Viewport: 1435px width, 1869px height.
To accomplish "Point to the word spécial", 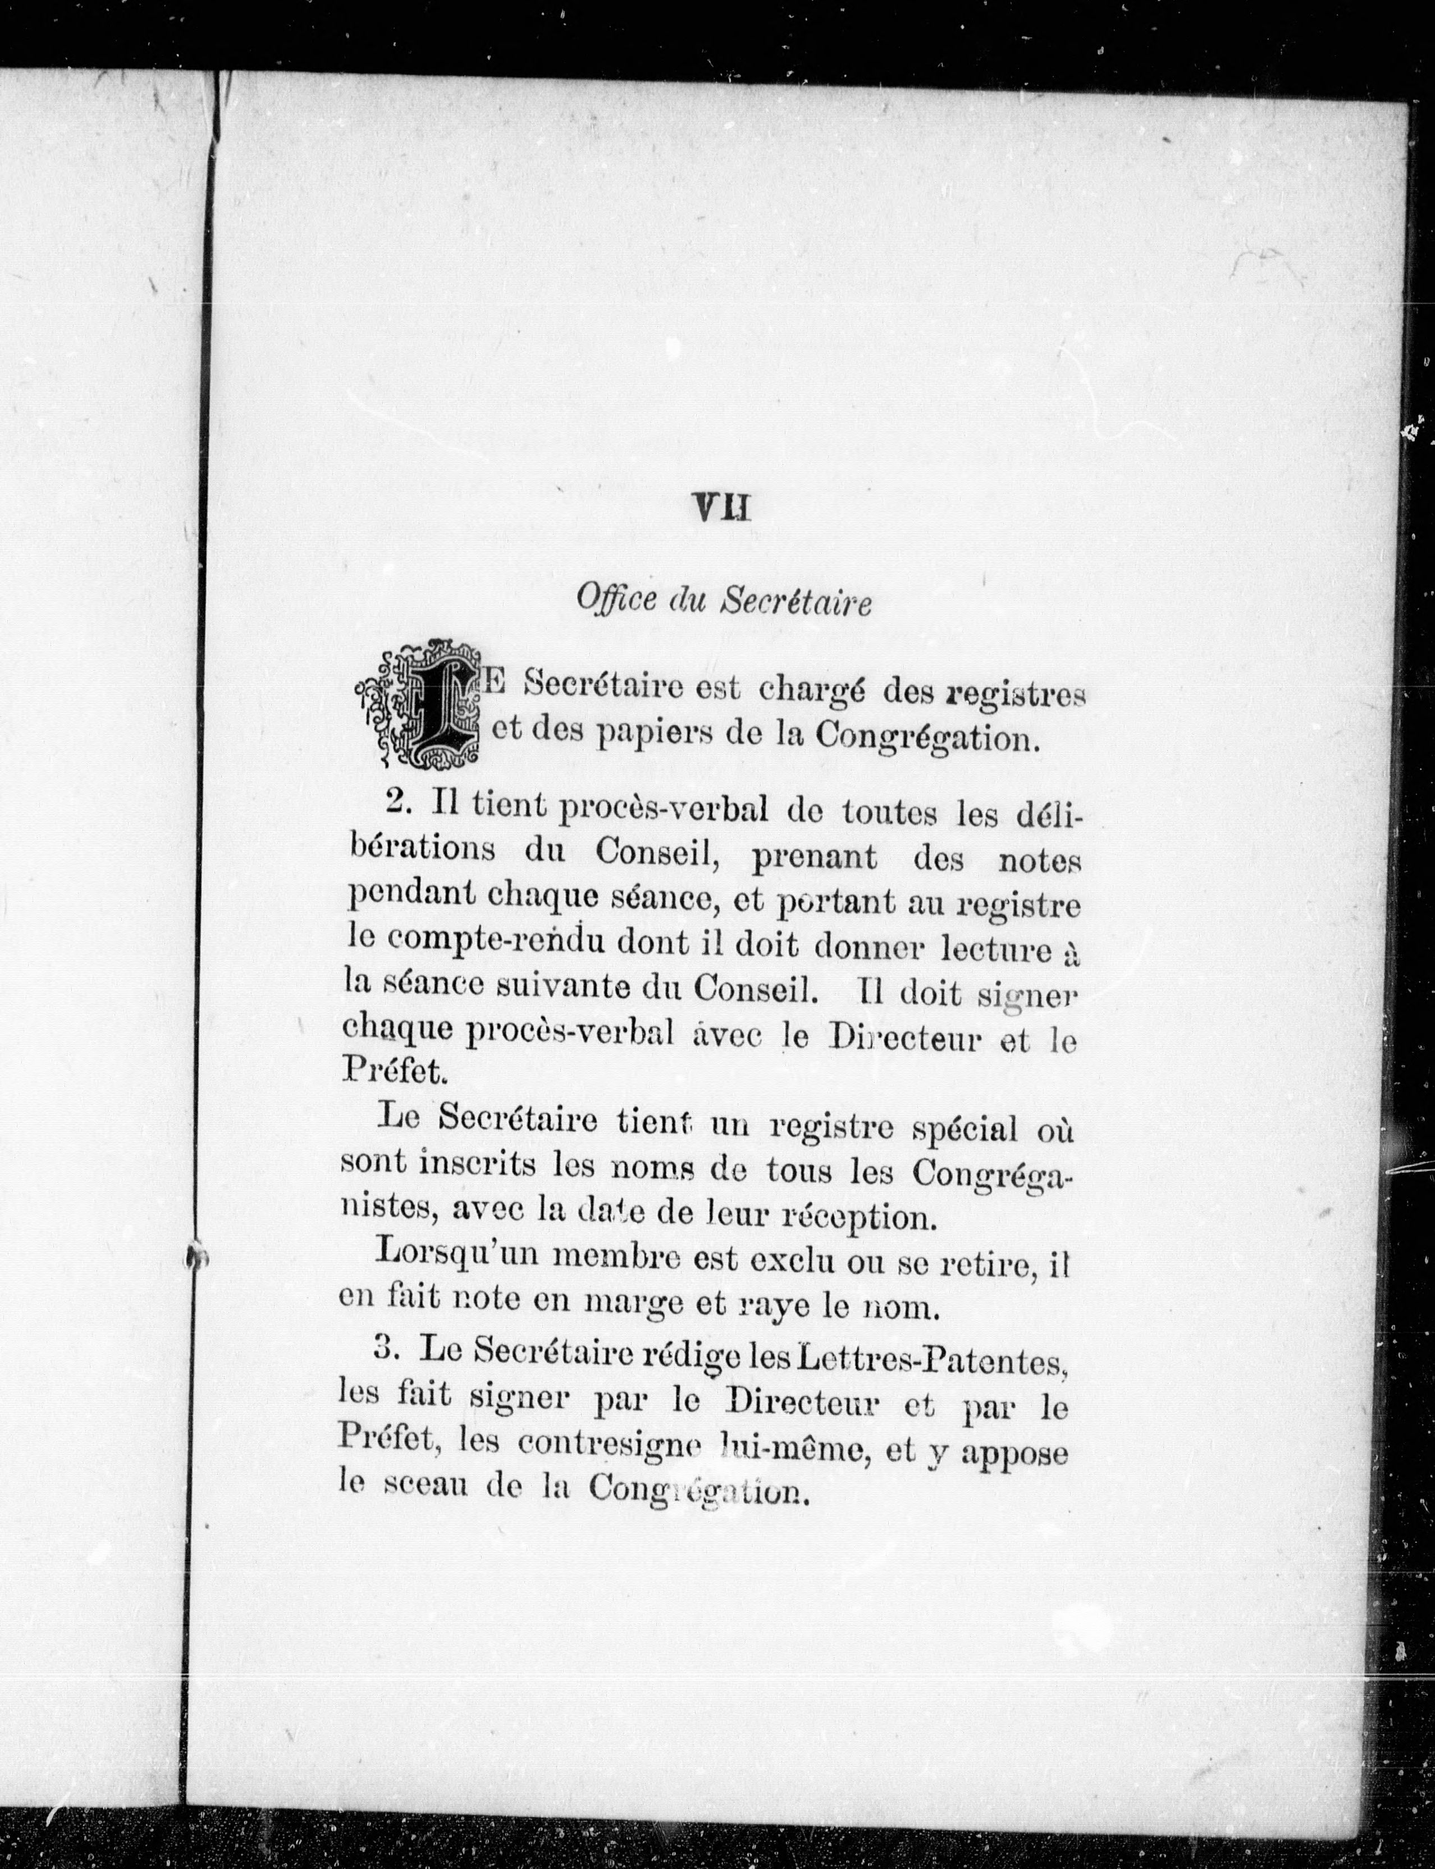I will [965, 1129].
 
